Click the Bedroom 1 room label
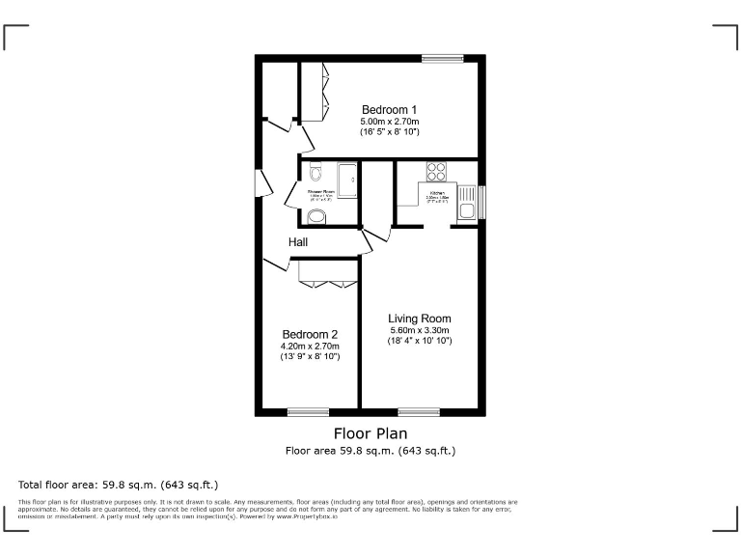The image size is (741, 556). click(389, 109)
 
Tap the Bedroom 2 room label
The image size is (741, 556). click(310, 334)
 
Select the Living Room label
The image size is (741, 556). click(420, 319)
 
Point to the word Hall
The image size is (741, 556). click(299, 241)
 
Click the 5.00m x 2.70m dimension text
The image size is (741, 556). click(389, 121)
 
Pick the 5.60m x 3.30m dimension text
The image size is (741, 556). click(420, 330)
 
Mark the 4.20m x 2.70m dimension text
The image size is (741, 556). click(310, 346)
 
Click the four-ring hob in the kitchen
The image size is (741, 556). click(436, 172)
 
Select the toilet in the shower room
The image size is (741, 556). click(316, 175)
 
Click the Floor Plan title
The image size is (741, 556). click(370, 433)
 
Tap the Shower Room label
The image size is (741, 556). click(321, 192)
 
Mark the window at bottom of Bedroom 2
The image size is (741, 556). click(308, 412)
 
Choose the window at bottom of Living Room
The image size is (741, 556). click(419, 412)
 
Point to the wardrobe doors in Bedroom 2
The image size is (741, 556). click(328, 282)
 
